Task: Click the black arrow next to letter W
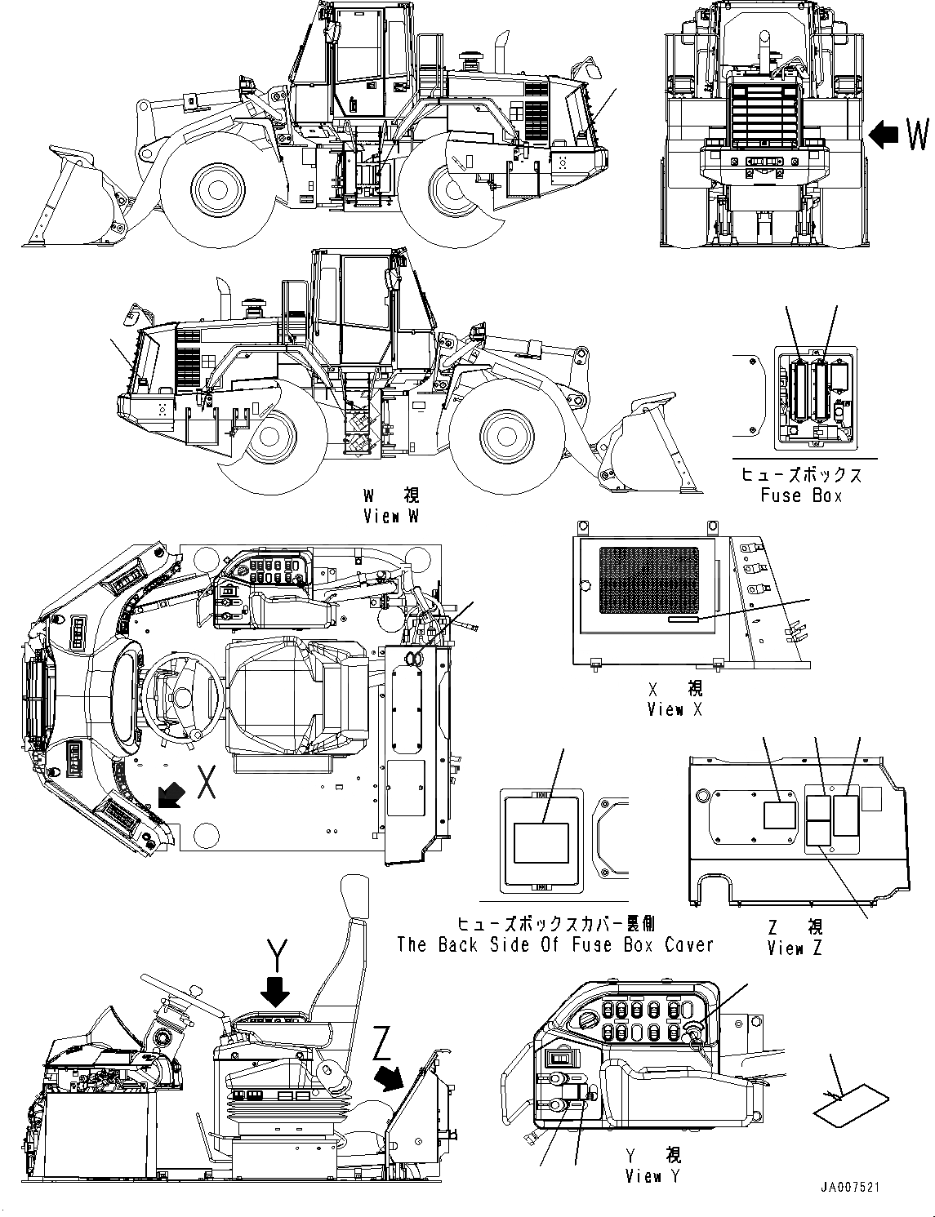pyautogui.click(x=884, y=133)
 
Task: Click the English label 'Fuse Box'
pyautogui.click(x=800, y=495)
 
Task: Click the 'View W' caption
pyautogui.click(x=393, y=517)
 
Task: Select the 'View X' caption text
pyautogui.click(x=674, y=710)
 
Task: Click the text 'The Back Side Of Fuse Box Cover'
pyautogui.click(x=555, y=944)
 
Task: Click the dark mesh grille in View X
pyautogui.click(x=648, y=580)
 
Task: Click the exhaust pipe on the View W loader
pyautogui.click(x=222, y=299)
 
